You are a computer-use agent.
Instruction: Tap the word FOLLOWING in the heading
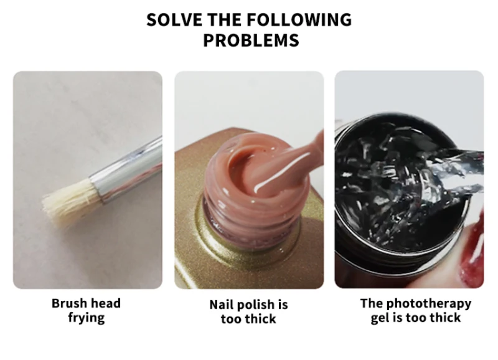coord(299,20)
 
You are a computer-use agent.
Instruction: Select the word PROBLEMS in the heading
coord(251,40)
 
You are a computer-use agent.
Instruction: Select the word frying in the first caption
coord(87,318)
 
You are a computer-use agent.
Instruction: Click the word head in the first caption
coord(105,303)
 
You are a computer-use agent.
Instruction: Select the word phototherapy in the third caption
coord(429,304)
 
